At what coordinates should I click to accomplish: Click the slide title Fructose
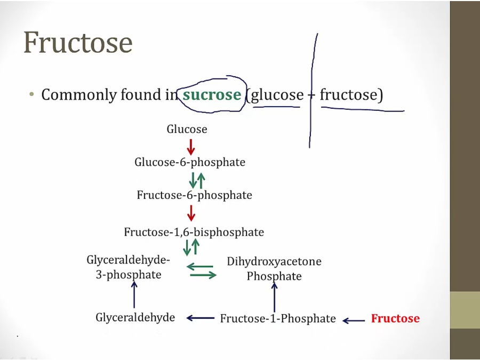(x=78, y=43)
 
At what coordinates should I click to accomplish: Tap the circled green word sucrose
(x=212, y=95)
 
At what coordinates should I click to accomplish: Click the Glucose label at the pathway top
(x=187, y=129)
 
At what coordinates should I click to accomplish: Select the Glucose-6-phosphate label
(x=190, y=162)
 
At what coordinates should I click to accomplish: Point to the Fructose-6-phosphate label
(x=194, y=195)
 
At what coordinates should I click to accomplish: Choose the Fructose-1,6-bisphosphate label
(x=194, y=233)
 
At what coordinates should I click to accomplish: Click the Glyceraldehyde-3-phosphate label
(x=128, y=267)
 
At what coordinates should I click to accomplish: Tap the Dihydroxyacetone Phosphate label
(x=274, y=269)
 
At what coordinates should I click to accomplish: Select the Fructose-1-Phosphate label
(x=278, y=319)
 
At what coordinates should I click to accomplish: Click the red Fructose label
(x=395, y=319)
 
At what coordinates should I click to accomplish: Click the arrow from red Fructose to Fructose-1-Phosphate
(x=354, y=320)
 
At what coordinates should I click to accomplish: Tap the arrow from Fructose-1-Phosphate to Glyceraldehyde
(x=200, y=318)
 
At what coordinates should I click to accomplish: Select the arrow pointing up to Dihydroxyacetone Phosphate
(x=275, y=297)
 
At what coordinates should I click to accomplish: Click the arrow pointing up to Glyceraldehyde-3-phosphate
(x=134, y=294)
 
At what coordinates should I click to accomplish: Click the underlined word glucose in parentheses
(x=277, y=95)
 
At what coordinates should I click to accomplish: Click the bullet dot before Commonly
(x=31, y=94)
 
